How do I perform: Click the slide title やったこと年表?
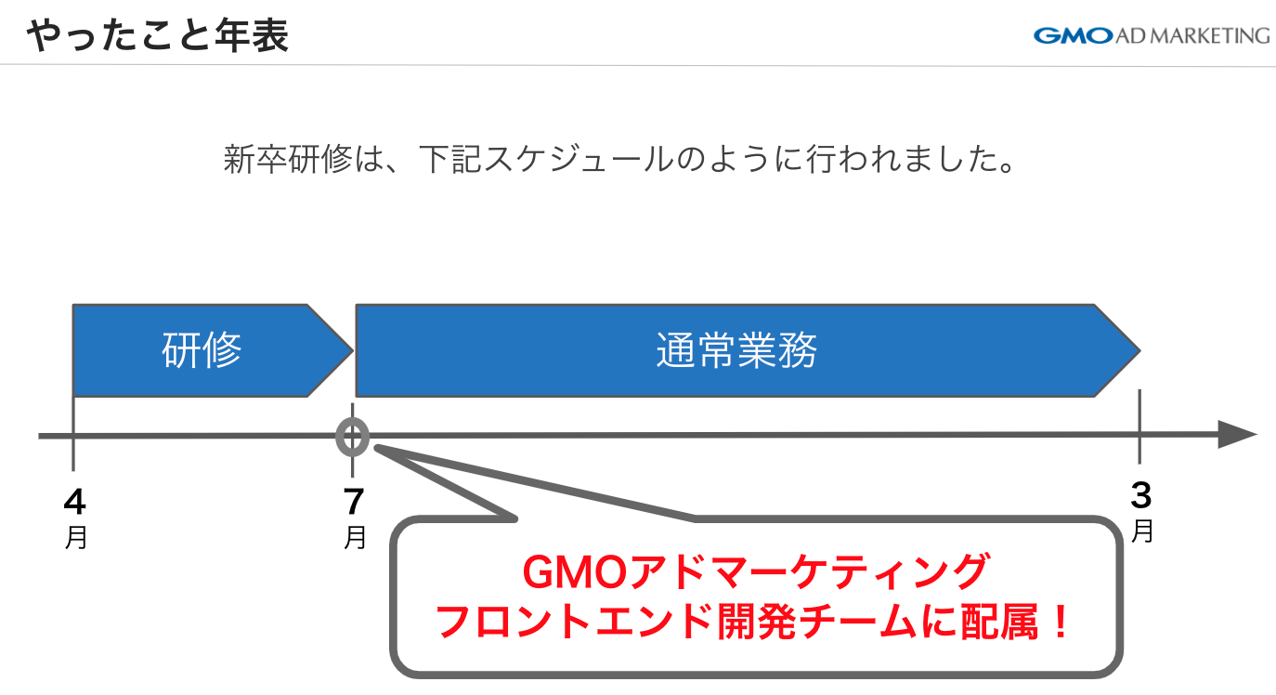click(x=157, y=36)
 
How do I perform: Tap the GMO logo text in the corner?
click(x=1072, y=36)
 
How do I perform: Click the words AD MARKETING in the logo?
click(x=1192, y=36)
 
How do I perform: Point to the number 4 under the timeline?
click(x=74, y=503)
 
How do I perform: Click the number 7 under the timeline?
click(x=354, y=503)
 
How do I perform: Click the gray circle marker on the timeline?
click(x=353, y=436)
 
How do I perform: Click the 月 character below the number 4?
click(x=76, y=538)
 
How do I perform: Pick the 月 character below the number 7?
click(x=355, y=538)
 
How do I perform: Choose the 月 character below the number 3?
click(x=1142, y=531)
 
